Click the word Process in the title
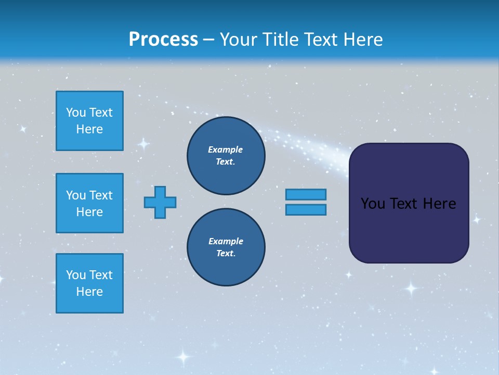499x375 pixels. (163, 40)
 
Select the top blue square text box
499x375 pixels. (89, 121)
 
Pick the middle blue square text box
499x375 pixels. (89, 203)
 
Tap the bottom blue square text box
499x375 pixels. (89, 283)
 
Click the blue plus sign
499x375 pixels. (160, 202)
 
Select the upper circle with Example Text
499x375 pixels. (226, 155)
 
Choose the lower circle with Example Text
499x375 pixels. (226, 247)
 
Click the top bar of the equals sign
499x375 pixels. (306, 194)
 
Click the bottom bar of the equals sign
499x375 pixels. (306, 209)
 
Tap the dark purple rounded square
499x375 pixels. (409, 229)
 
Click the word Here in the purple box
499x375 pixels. (439, 204)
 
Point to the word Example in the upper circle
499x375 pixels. (226, 149)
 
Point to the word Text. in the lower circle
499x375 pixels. (226, 254)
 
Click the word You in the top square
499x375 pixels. (76, 113)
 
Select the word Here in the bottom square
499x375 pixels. (89, 292)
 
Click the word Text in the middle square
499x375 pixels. (100, 195)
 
